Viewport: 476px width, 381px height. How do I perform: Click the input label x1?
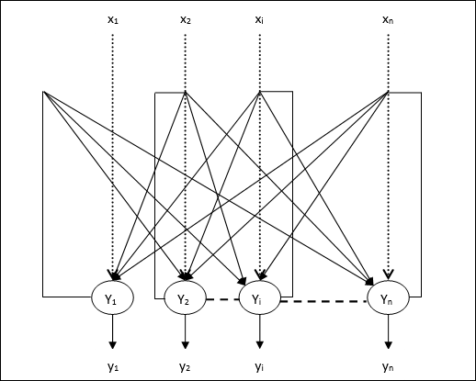(113, 18)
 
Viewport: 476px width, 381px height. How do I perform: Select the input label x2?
(186, 18)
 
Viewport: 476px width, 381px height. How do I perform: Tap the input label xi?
(261, 18)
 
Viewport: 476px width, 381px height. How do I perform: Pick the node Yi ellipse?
(260, 298)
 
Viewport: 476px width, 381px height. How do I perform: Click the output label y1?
(113, 366)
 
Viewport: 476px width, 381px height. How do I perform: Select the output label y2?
(186, 366)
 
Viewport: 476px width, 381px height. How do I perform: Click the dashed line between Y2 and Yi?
(222, 297)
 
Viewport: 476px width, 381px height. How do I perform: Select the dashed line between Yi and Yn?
(324, 300)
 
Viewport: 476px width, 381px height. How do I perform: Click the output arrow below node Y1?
(112, 331)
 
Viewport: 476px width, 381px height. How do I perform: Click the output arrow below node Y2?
(186, 332)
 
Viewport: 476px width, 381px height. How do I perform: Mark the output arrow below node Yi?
(260, 332)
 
